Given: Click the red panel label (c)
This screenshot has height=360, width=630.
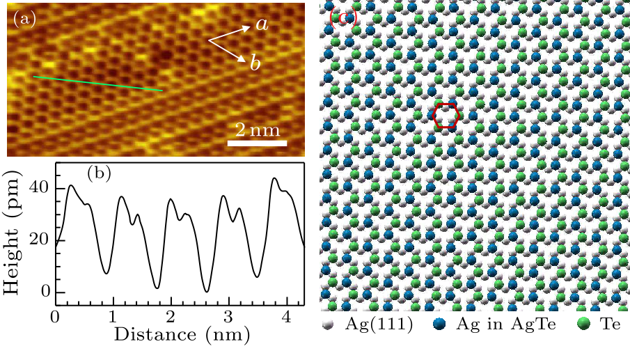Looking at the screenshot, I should pos(343,17).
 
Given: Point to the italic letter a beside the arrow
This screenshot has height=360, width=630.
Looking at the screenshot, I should pos(261,25).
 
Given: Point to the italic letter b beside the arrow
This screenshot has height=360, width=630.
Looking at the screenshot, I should pos(255,63).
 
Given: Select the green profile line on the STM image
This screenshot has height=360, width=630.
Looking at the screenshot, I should pos(97,84).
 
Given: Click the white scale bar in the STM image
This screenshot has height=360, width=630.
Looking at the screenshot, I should pos(258,144).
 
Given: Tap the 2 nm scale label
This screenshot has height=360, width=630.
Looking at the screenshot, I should pos(257,130).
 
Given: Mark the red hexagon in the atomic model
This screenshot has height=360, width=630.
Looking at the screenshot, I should pos(446,115).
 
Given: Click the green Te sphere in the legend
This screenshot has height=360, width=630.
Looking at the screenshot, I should pos(583,324).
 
